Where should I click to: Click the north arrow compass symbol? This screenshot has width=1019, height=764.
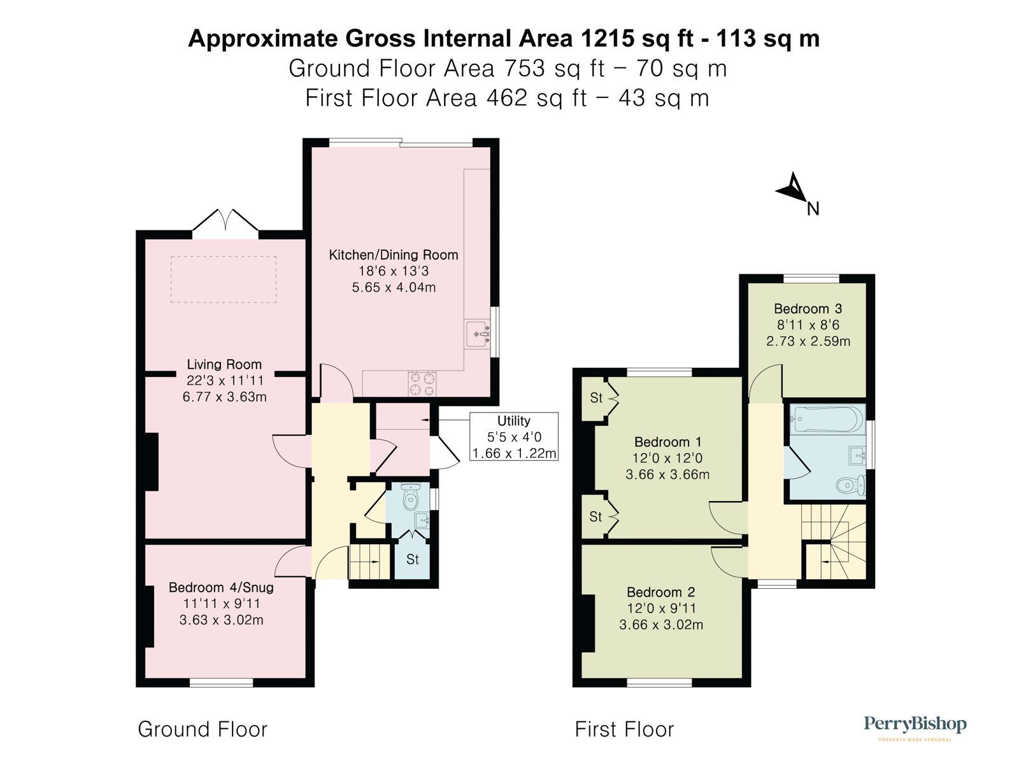(x=792, y=188)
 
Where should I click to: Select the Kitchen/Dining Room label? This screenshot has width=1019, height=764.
(x=393, y=255)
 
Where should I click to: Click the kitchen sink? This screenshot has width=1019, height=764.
(x=478, y=334)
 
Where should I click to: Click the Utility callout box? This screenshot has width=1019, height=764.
(x=513, y=437)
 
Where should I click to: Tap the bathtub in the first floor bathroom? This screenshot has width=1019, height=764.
(x=827, y=419)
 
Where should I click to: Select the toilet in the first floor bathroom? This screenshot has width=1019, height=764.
(x=850, y=486)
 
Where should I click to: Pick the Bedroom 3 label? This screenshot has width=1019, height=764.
(x=808, y=309)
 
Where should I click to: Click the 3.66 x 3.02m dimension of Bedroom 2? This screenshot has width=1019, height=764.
(x=660, y=625)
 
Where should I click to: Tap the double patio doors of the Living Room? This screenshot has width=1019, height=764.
(x=225, y=223)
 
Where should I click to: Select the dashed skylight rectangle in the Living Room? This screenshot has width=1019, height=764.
(x=224, y=279)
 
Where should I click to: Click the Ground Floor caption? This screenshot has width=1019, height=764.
(x=203, y=729)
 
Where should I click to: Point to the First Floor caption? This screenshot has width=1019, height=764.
(x=624, y=729)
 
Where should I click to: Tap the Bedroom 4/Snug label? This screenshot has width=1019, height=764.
(x=221, y=587)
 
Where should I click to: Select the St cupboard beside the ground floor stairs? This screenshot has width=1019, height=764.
(x=413, y=560)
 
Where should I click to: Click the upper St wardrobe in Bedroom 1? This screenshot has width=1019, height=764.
(x=596, y=399)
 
